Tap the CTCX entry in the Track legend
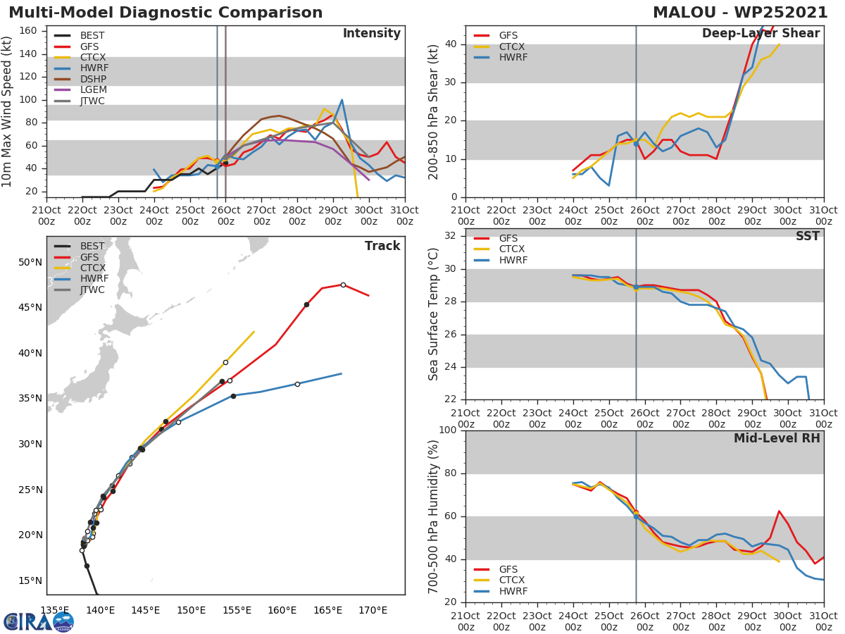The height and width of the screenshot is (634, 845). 92,268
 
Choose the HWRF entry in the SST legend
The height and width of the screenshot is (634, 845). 513,261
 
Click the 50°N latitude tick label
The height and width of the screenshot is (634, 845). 30,263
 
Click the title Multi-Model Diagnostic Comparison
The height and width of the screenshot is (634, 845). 165,13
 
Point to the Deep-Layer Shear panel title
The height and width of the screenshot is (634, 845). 760,34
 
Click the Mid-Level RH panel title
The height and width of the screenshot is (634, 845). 777,438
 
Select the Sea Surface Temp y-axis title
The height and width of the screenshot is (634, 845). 434,313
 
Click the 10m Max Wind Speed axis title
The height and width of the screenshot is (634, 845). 8,112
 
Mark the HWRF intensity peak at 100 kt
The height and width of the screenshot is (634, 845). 342,100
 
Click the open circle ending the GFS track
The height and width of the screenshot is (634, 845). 343,285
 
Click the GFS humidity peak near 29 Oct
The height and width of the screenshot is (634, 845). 779,511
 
